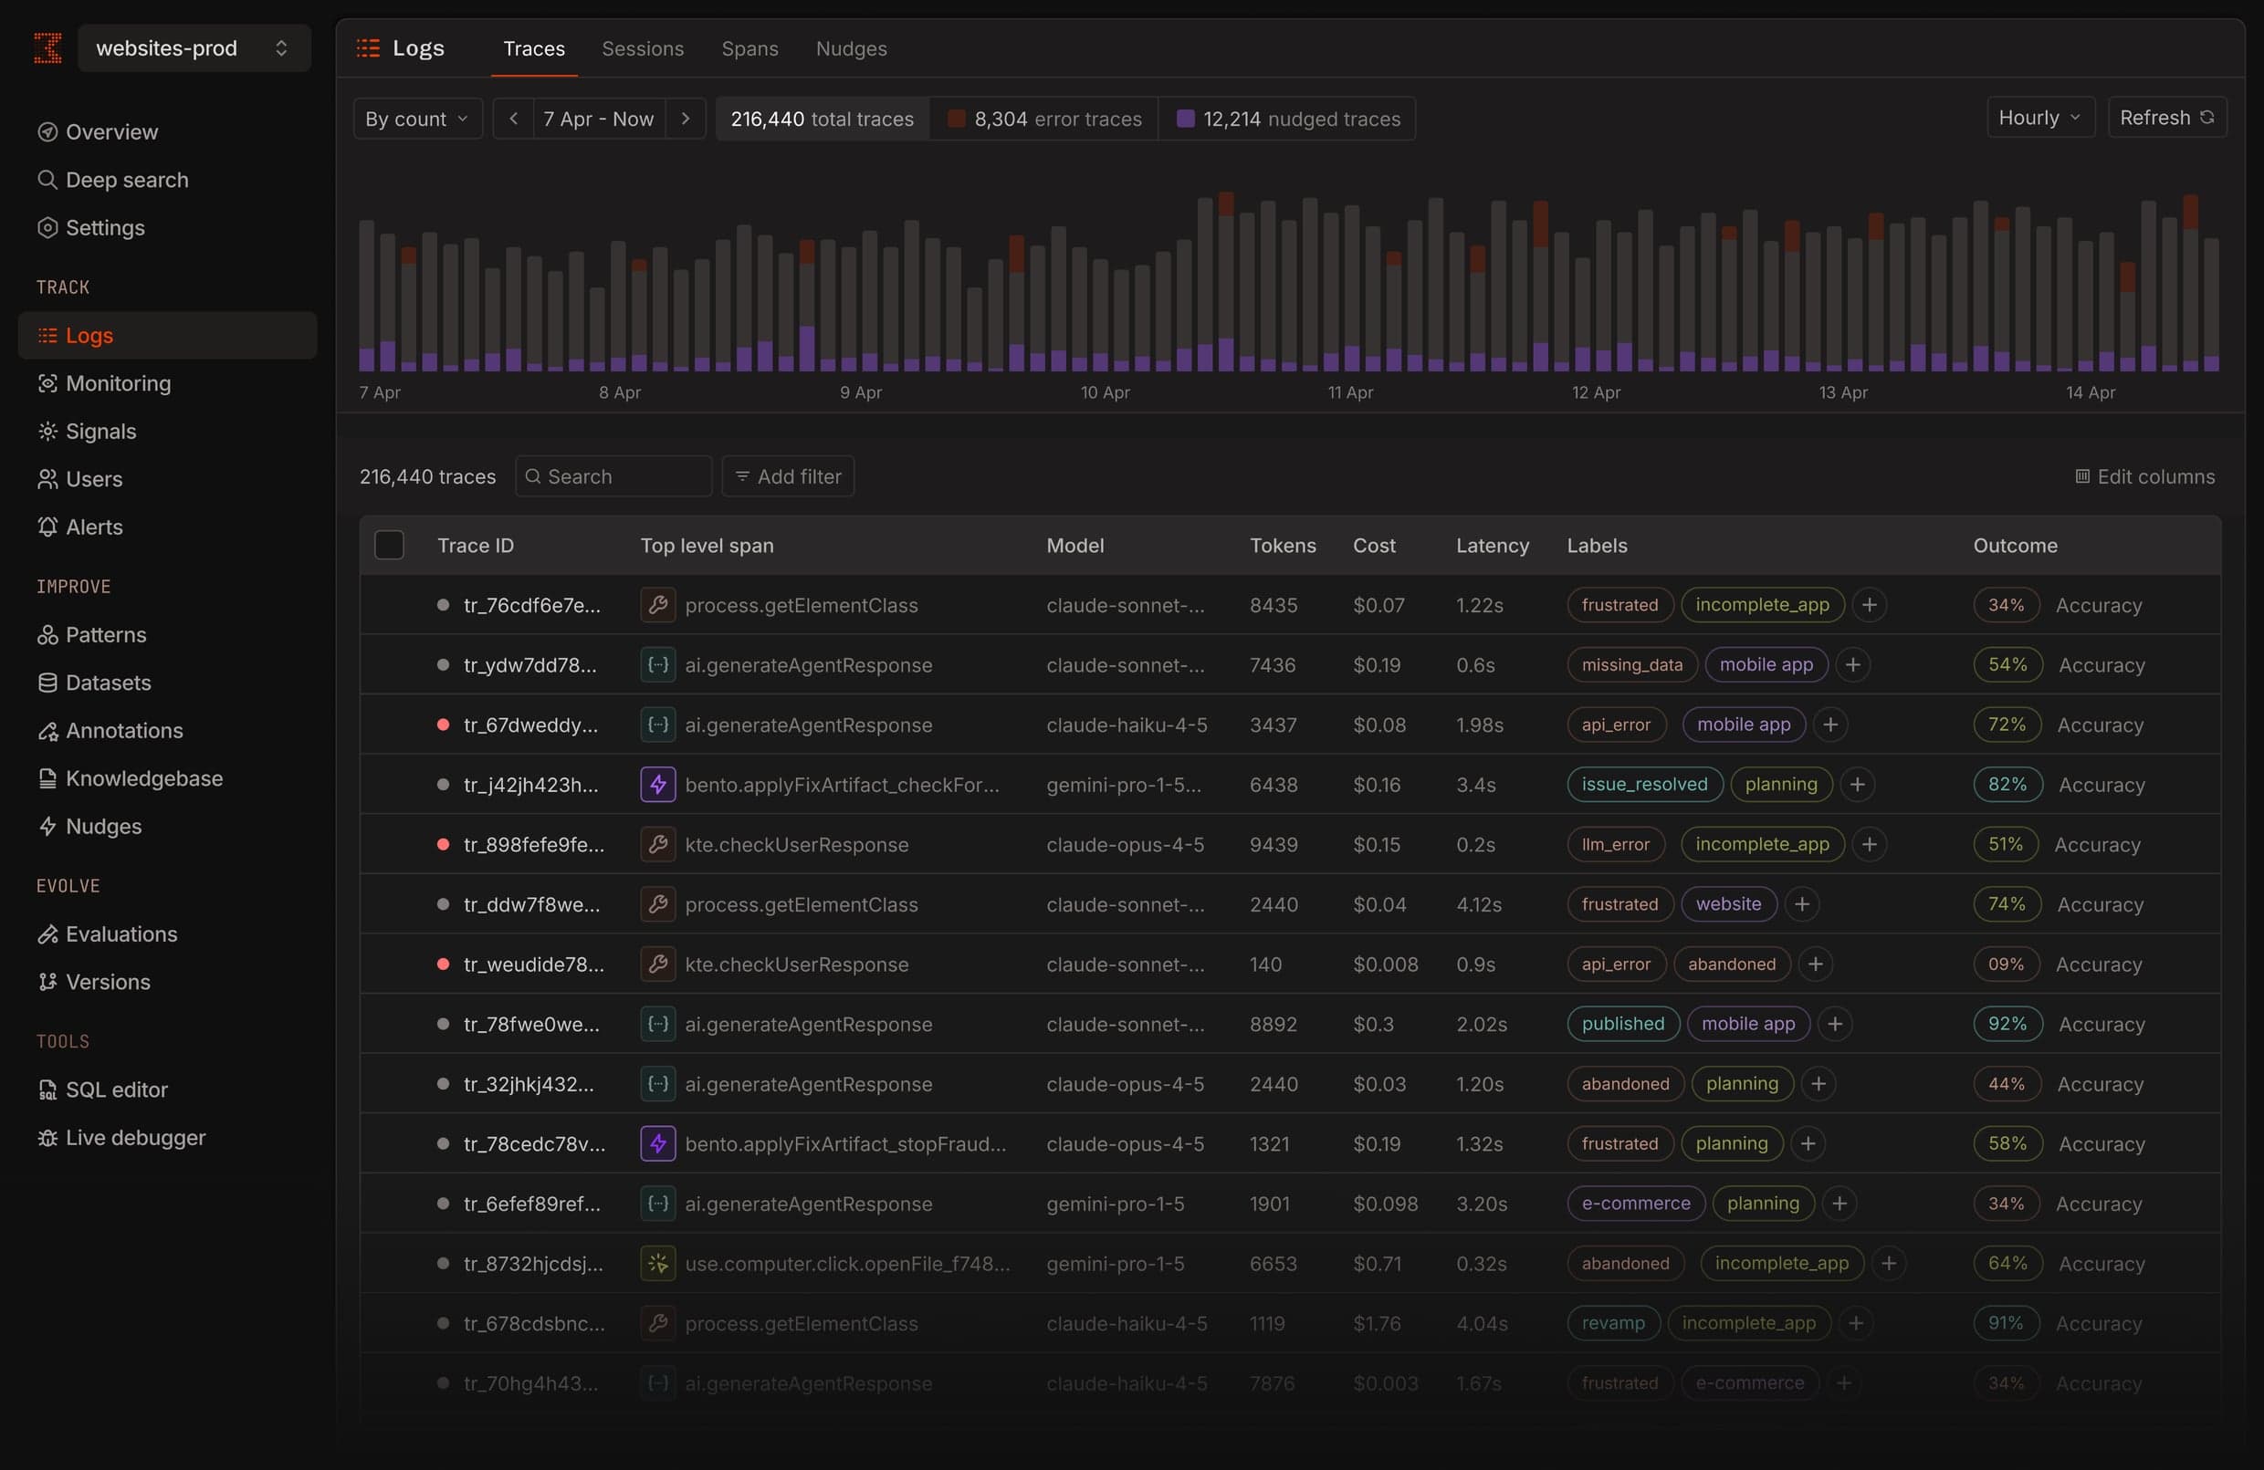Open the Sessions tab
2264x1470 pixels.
(642, 48)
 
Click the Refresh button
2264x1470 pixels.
(2166, 118)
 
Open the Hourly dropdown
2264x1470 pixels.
(2039, 118)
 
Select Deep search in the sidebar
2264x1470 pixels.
(126, 180)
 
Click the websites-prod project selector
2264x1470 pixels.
(194, 48)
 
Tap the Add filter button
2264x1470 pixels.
(788, 476)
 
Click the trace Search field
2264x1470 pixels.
(613, 476)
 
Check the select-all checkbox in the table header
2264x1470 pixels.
(389, 545)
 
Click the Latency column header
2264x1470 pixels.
(1492, 546)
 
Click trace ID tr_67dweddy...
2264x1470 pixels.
(529, 725)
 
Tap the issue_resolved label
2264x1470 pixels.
(1644, 785)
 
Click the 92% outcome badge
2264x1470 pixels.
(2006, 1024)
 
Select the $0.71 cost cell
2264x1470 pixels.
(1376, 1264)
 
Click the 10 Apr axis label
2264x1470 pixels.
(1105, 391)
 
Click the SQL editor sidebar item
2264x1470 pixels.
(116, 1089)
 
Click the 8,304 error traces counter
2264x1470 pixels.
(1043, 119)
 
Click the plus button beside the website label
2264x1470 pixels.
(1801, 904)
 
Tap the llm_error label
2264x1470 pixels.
(1614, 844)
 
